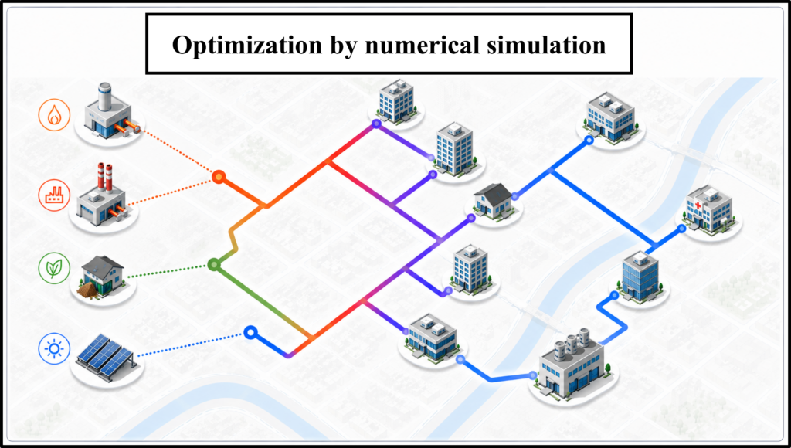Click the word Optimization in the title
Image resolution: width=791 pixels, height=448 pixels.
click(247, 46)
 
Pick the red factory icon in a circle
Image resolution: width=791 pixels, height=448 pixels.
click(54, 195)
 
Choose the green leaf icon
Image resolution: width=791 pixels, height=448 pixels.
click(54, 268)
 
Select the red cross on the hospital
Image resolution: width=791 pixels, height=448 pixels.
click(698, 205)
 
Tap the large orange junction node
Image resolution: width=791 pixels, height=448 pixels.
click(218, 177)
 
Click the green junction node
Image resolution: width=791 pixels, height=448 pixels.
click(214, 264)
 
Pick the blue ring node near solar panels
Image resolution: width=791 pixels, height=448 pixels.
click(251, 332)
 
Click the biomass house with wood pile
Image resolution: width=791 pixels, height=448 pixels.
click(101, 277)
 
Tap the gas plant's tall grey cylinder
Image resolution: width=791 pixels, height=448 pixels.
click(104, 97)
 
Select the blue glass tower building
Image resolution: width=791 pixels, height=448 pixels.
click(640, 276)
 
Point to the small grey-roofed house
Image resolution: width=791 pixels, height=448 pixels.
click(494, 200)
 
